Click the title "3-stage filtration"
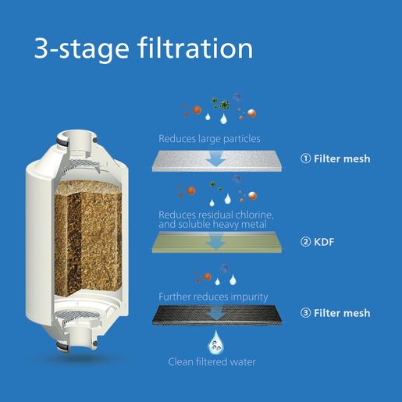(143, 48)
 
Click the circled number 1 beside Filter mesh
(306, 159)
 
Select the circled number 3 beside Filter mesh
(306, 313)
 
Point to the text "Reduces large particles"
(209, 139)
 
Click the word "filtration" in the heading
(197, 48)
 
